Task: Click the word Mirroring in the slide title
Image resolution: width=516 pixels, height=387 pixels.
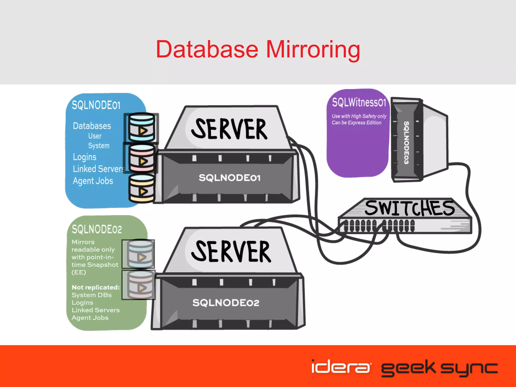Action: (313, 50)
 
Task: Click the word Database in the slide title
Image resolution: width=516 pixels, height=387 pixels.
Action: (207, 49)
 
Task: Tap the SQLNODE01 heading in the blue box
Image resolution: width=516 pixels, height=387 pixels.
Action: (96, 105)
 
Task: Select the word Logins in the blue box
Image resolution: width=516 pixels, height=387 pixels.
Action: (85, 157)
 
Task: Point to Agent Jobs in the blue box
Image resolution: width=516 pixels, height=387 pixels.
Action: (93, 181)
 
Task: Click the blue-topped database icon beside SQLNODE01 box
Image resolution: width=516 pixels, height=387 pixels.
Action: (142, 127)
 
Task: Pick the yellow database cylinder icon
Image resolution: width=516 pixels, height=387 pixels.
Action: (142, 188)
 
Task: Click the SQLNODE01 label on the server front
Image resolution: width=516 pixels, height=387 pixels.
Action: (229, 178)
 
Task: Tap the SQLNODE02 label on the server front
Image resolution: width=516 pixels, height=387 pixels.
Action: (226, 303)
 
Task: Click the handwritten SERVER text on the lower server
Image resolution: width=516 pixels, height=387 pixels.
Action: (231, 251)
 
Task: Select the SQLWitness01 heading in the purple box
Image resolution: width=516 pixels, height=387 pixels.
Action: (359, 103)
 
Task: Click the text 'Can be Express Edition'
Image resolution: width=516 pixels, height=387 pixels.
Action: (356, 123)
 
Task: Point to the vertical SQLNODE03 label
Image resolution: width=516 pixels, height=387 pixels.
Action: (406, 143)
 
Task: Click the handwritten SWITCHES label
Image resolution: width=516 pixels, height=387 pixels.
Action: (409, 208)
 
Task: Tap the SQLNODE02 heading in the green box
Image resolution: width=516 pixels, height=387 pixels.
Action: (97, 229)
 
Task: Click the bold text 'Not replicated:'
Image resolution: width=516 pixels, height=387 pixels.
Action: (95, 287)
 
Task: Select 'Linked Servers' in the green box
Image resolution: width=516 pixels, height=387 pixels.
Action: (95, 310)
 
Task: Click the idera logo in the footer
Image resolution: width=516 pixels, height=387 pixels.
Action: (341, 367)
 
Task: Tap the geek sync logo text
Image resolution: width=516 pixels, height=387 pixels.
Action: (439, 368)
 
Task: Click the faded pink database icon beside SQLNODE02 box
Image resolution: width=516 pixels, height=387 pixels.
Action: (140, 285)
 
